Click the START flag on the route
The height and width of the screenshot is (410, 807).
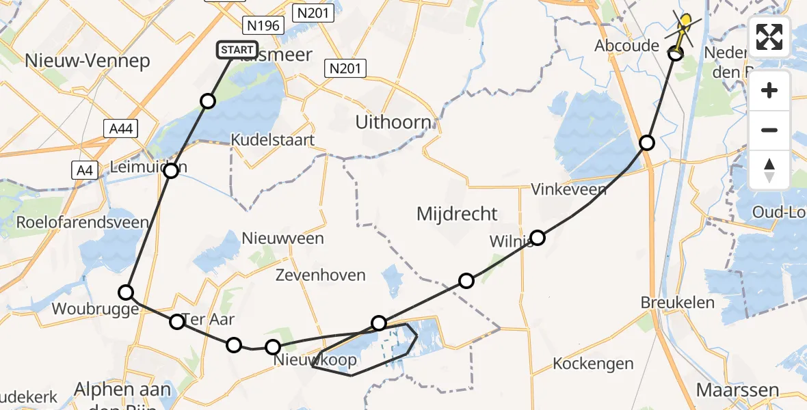(x=237, y=50)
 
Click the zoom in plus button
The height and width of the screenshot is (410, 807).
(x=769, y=90)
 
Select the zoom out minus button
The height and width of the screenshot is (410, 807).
(x=769, y=130)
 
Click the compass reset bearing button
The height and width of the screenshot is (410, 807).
(x=769, y=169)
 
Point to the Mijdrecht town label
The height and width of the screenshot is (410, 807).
(x=456, y=213)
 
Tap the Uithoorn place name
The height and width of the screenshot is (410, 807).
(x=393, y=122)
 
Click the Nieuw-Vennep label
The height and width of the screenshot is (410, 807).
(x=87, y=61)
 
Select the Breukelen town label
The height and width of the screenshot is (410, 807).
(x=677, y=302)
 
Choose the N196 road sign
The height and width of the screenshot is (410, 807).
(x=263, y=26)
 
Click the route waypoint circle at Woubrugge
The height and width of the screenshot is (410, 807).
(x=127, y=292)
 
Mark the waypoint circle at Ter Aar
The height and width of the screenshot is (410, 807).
(x=177, y=321)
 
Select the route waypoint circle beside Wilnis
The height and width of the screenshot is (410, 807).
(x=538, y=238)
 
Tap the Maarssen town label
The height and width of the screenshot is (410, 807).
(x=737, y=390)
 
